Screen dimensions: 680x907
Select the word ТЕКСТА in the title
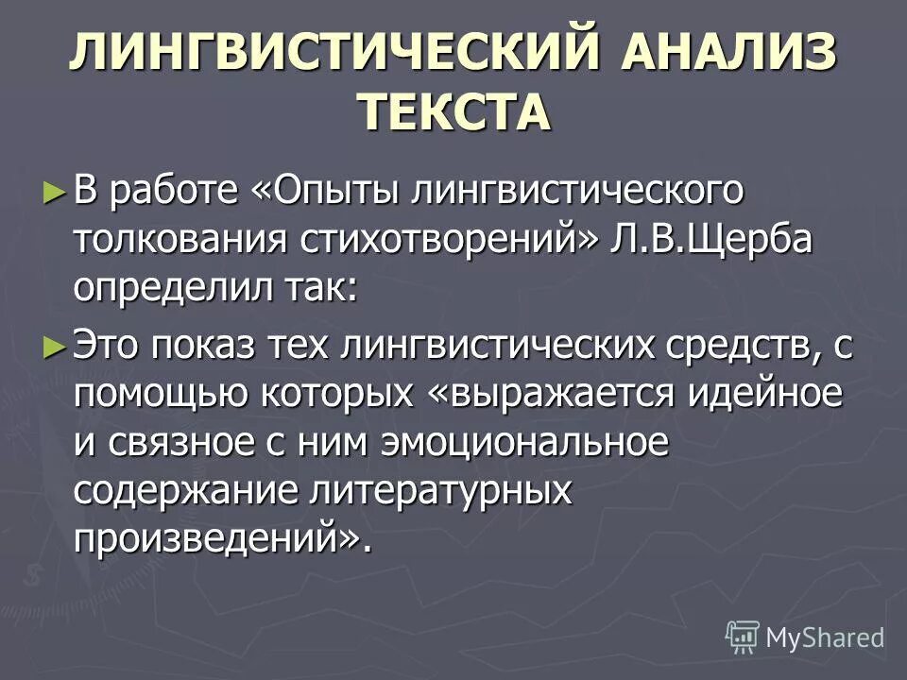[453, 113]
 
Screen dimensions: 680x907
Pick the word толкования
[181, 238]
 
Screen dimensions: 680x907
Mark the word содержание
[180, 490]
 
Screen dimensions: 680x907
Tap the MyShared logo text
[824, 637]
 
